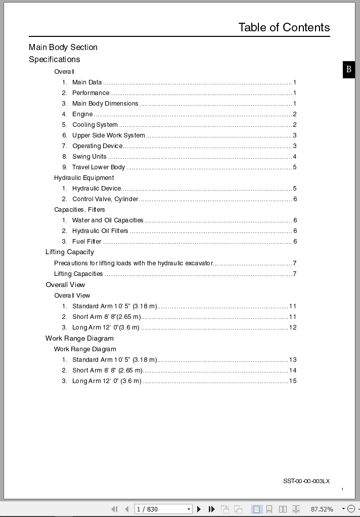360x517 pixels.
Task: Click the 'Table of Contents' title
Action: [x=284, y=27]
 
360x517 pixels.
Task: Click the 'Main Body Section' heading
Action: [x=63, y=47]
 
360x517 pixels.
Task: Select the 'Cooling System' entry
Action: [x=95, y=125]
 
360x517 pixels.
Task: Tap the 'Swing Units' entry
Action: [x=89, y=157]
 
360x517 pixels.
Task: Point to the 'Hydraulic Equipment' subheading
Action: [x=84, y=178]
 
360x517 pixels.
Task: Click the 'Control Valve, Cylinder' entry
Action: [x=105, y=199]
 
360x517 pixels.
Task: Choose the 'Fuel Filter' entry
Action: [x=87, y=242]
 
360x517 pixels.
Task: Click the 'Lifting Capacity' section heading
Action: [x=70, y=252]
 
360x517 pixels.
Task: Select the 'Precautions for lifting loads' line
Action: [x=133, y=263]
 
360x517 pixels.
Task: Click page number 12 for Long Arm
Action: [x=293, y=327]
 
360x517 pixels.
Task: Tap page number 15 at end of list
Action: [x=293, y=381]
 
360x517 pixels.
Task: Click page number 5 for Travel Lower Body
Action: [x=295, y=167]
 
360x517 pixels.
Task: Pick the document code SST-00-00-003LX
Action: [x=306, y=481]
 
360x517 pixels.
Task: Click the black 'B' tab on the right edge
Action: [x=349, y=70]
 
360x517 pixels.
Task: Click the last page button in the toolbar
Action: [x=211, y=509]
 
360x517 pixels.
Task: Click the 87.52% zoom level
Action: [x=322, y=509]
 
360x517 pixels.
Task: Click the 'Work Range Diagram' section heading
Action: [x=79, y=339]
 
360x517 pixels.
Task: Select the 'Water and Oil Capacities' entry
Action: [x=108, y=220]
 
